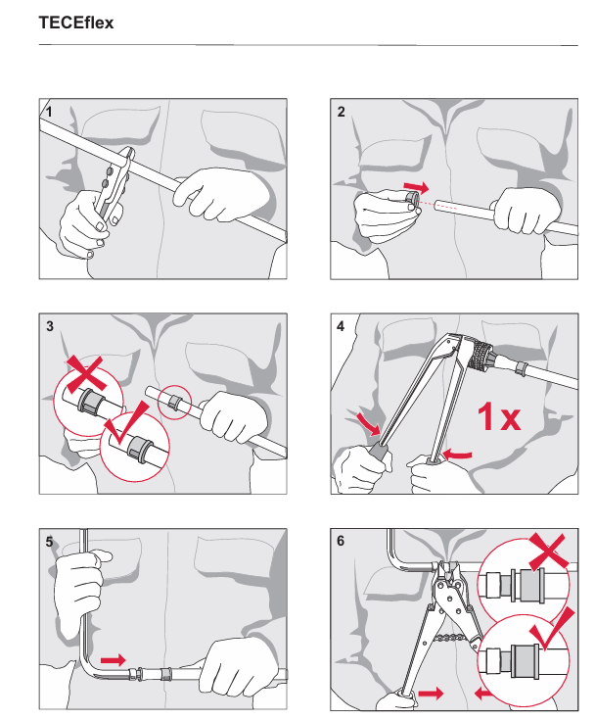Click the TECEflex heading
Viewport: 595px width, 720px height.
76,23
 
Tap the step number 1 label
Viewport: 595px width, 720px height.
49,112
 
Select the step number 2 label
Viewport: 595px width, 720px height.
341,112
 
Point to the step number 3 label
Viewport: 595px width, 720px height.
50,326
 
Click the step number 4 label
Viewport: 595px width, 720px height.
341,326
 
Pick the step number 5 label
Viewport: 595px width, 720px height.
49,542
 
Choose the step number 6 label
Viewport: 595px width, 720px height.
341,541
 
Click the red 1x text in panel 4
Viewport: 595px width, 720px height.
499,417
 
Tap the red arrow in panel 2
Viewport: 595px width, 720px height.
416,186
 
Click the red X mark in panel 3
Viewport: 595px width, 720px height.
87,373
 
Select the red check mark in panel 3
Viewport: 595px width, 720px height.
126,423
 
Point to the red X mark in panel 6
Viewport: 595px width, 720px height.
548,551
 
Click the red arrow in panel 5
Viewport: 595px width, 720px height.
114,660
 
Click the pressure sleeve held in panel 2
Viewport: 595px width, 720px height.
411,200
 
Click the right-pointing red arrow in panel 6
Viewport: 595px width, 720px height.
431,693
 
